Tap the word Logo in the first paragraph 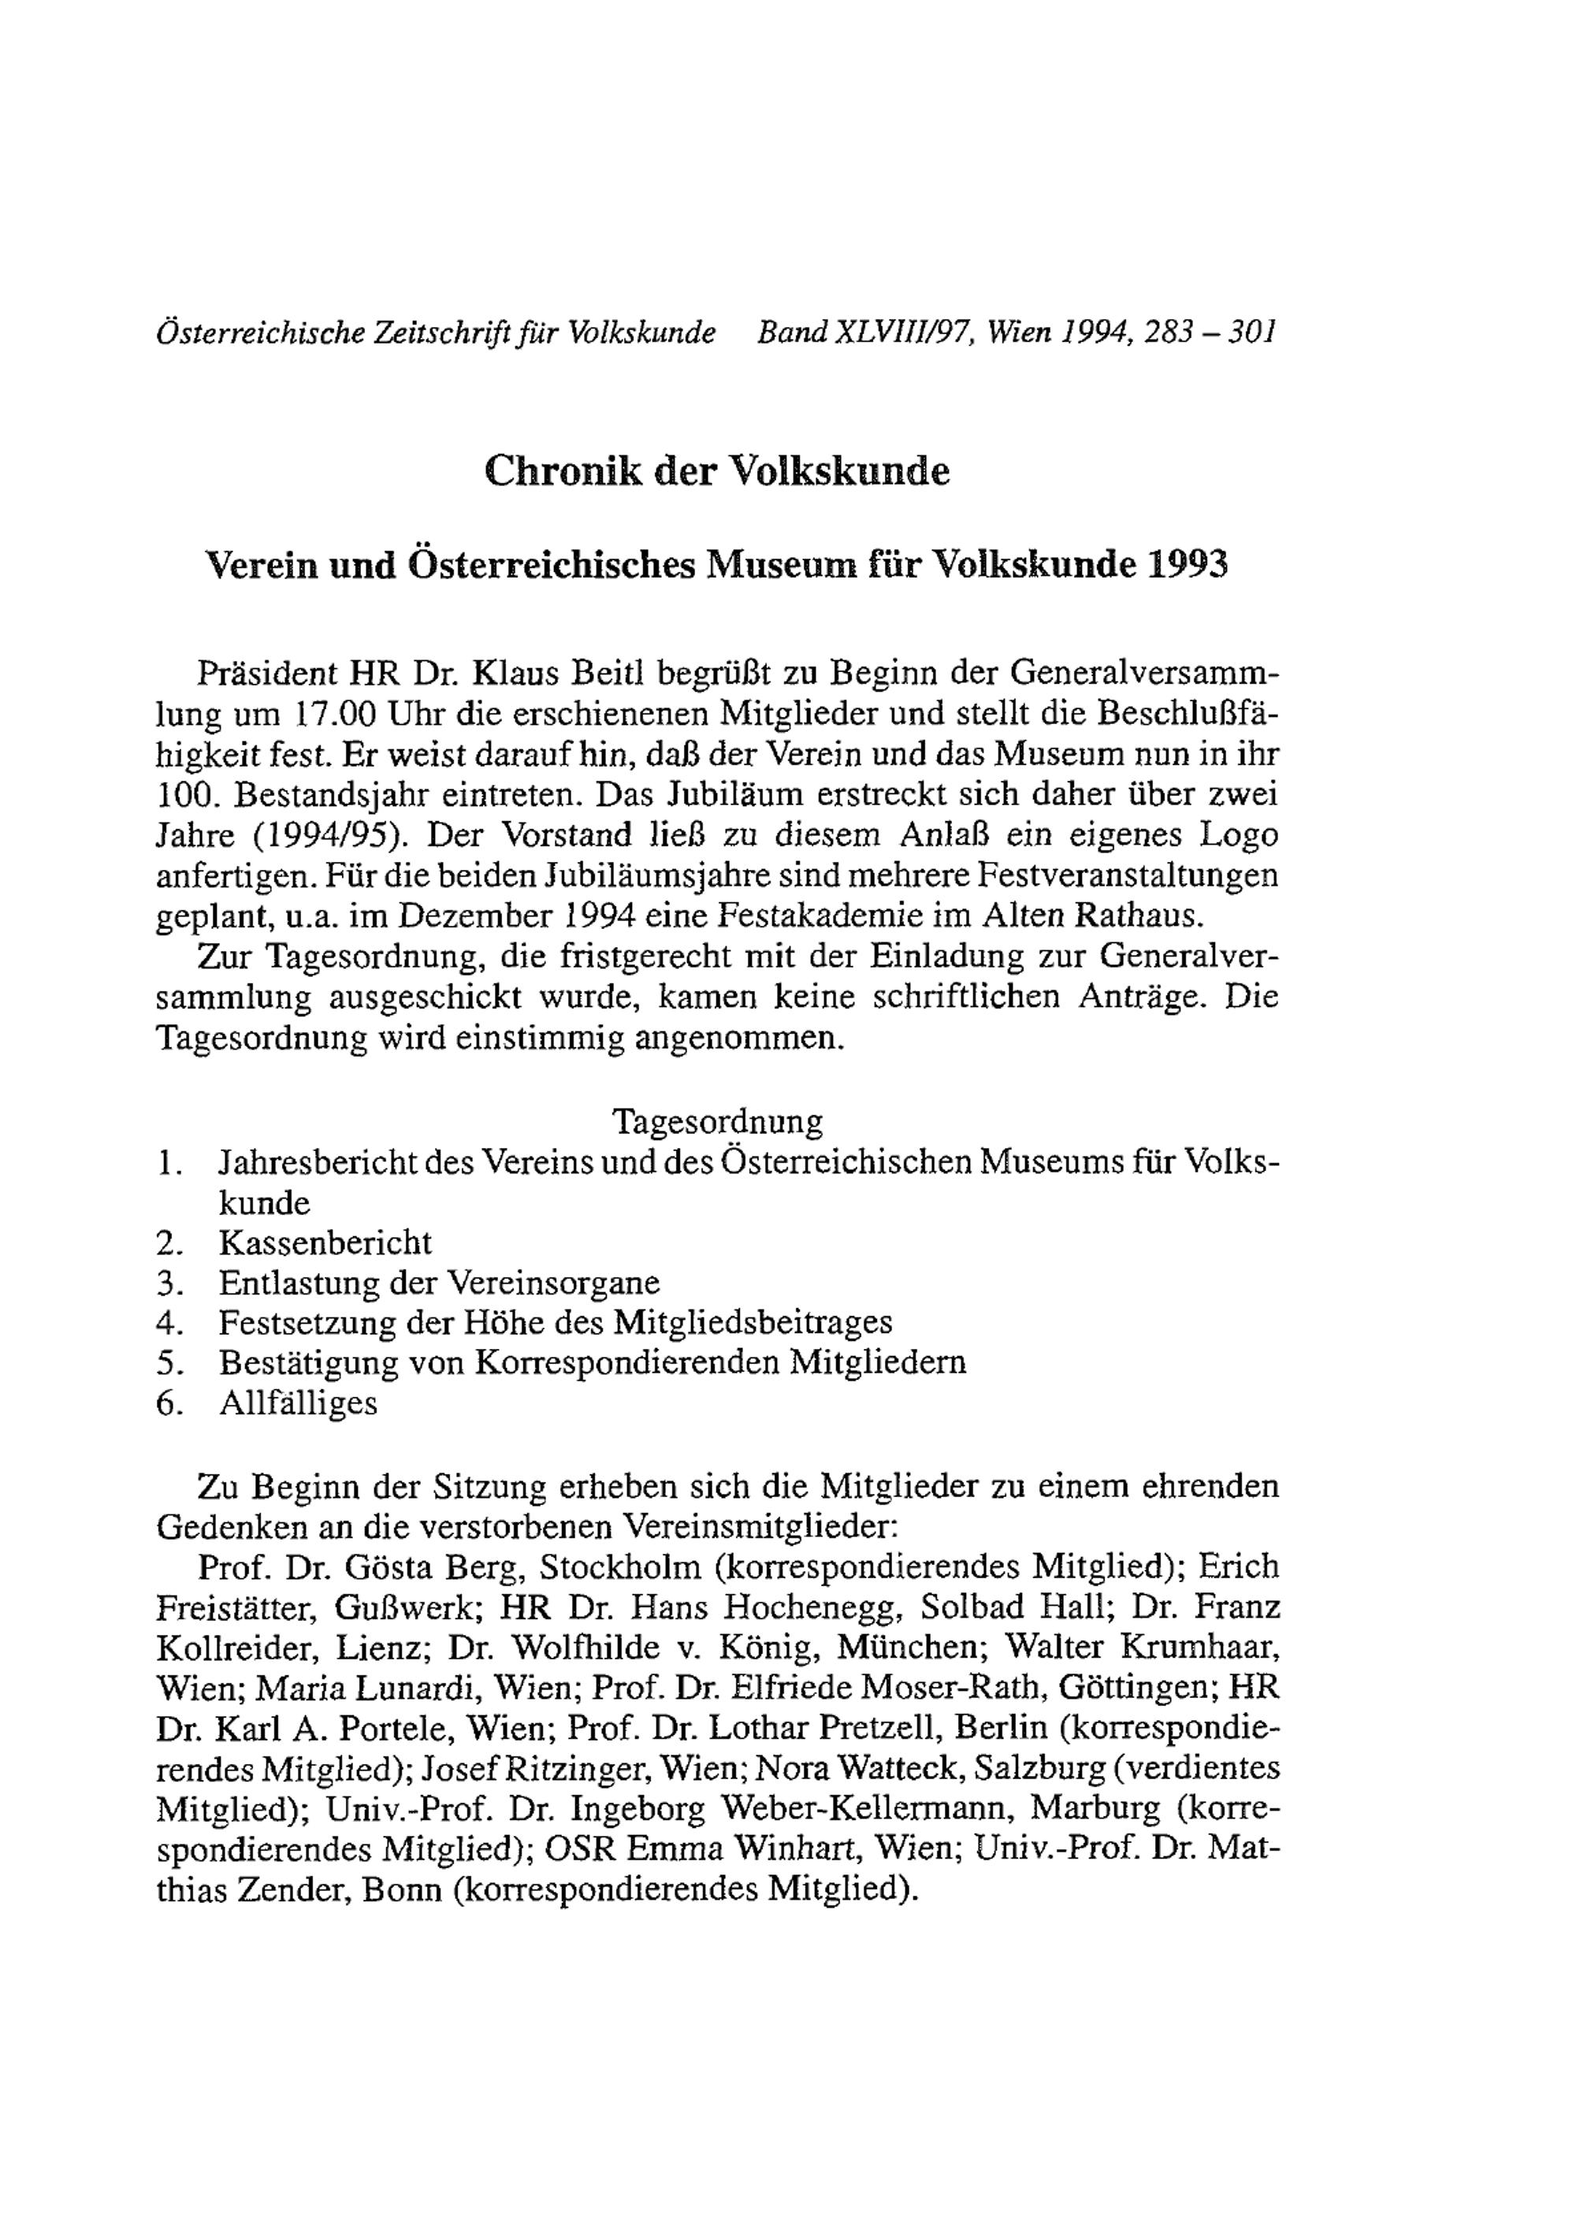click(x=1238, y=835)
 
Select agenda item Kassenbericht click(x=325, y=1243)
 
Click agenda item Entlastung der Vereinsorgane click(x=439, y=1284)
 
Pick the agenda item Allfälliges click(x=298, y=1404)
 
